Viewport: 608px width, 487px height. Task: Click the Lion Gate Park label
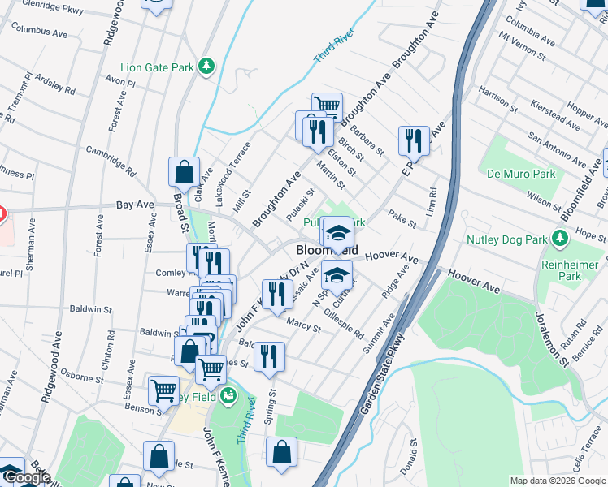pyautogui.click(x=157, y=67)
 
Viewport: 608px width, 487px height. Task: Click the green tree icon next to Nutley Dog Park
pyautogui.click(x=558, y=239)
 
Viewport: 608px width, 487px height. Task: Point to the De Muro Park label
pyautogui.click(x=521, y=174)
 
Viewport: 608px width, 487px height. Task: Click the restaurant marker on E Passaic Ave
pyautogui.click(x=414, y=141)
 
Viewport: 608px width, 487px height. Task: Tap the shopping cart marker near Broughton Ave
pyautogui.click(x=327, y=106)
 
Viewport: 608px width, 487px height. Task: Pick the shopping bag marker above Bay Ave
pyautogui.click(x=184, y=171)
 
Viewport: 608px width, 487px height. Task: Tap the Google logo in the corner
pyautogui.click(x=26, y=477)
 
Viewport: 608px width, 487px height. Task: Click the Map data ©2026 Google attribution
pyautogui.click(x=557, y=481)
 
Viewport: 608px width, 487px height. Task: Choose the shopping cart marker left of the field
pyautogui.click(x=164, y=390)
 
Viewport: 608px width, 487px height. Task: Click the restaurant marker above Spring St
pyautogui.click(x=269, y=356)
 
